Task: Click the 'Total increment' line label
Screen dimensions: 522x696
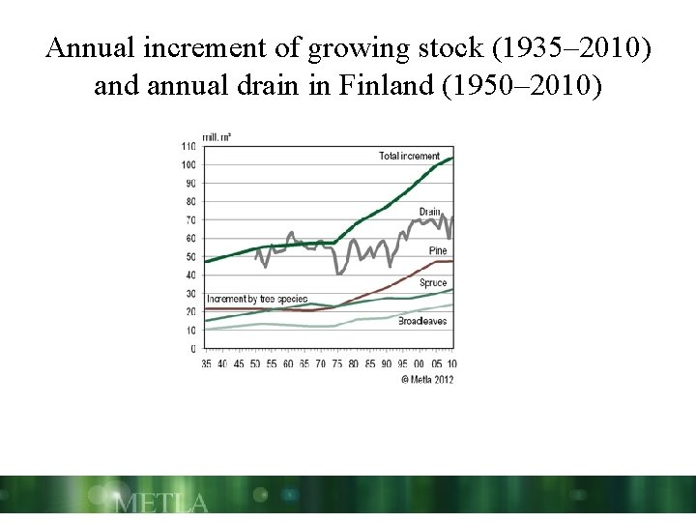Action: pos(409,156)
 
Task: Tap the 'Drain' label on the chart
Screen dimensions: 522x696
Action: pos(430,212)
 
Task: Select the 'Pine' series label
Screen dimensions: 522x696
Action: pos(437,250)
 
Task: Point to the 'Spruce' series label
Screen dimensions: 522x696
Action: pos(432,282)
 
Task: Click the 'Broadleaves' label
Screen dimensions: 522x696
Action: pos(422,320)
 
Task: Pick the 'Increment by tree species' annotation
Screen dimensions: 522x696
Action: pos(256,299)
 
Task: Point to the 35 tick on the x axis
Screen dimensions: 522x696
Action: pos(206,363)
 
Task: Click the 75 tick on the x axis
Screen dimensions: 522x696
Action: pos(338,363)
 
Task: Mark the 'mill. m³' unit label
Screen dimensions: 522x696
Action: pos(217,136)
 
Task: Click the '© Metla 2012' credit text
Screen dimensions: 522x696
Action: pos(427,378)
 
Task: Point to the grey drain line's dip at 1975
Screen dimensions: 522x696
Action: pos(338,274)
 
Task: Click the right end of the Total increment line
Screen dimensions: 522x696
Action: pos(451,159)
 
